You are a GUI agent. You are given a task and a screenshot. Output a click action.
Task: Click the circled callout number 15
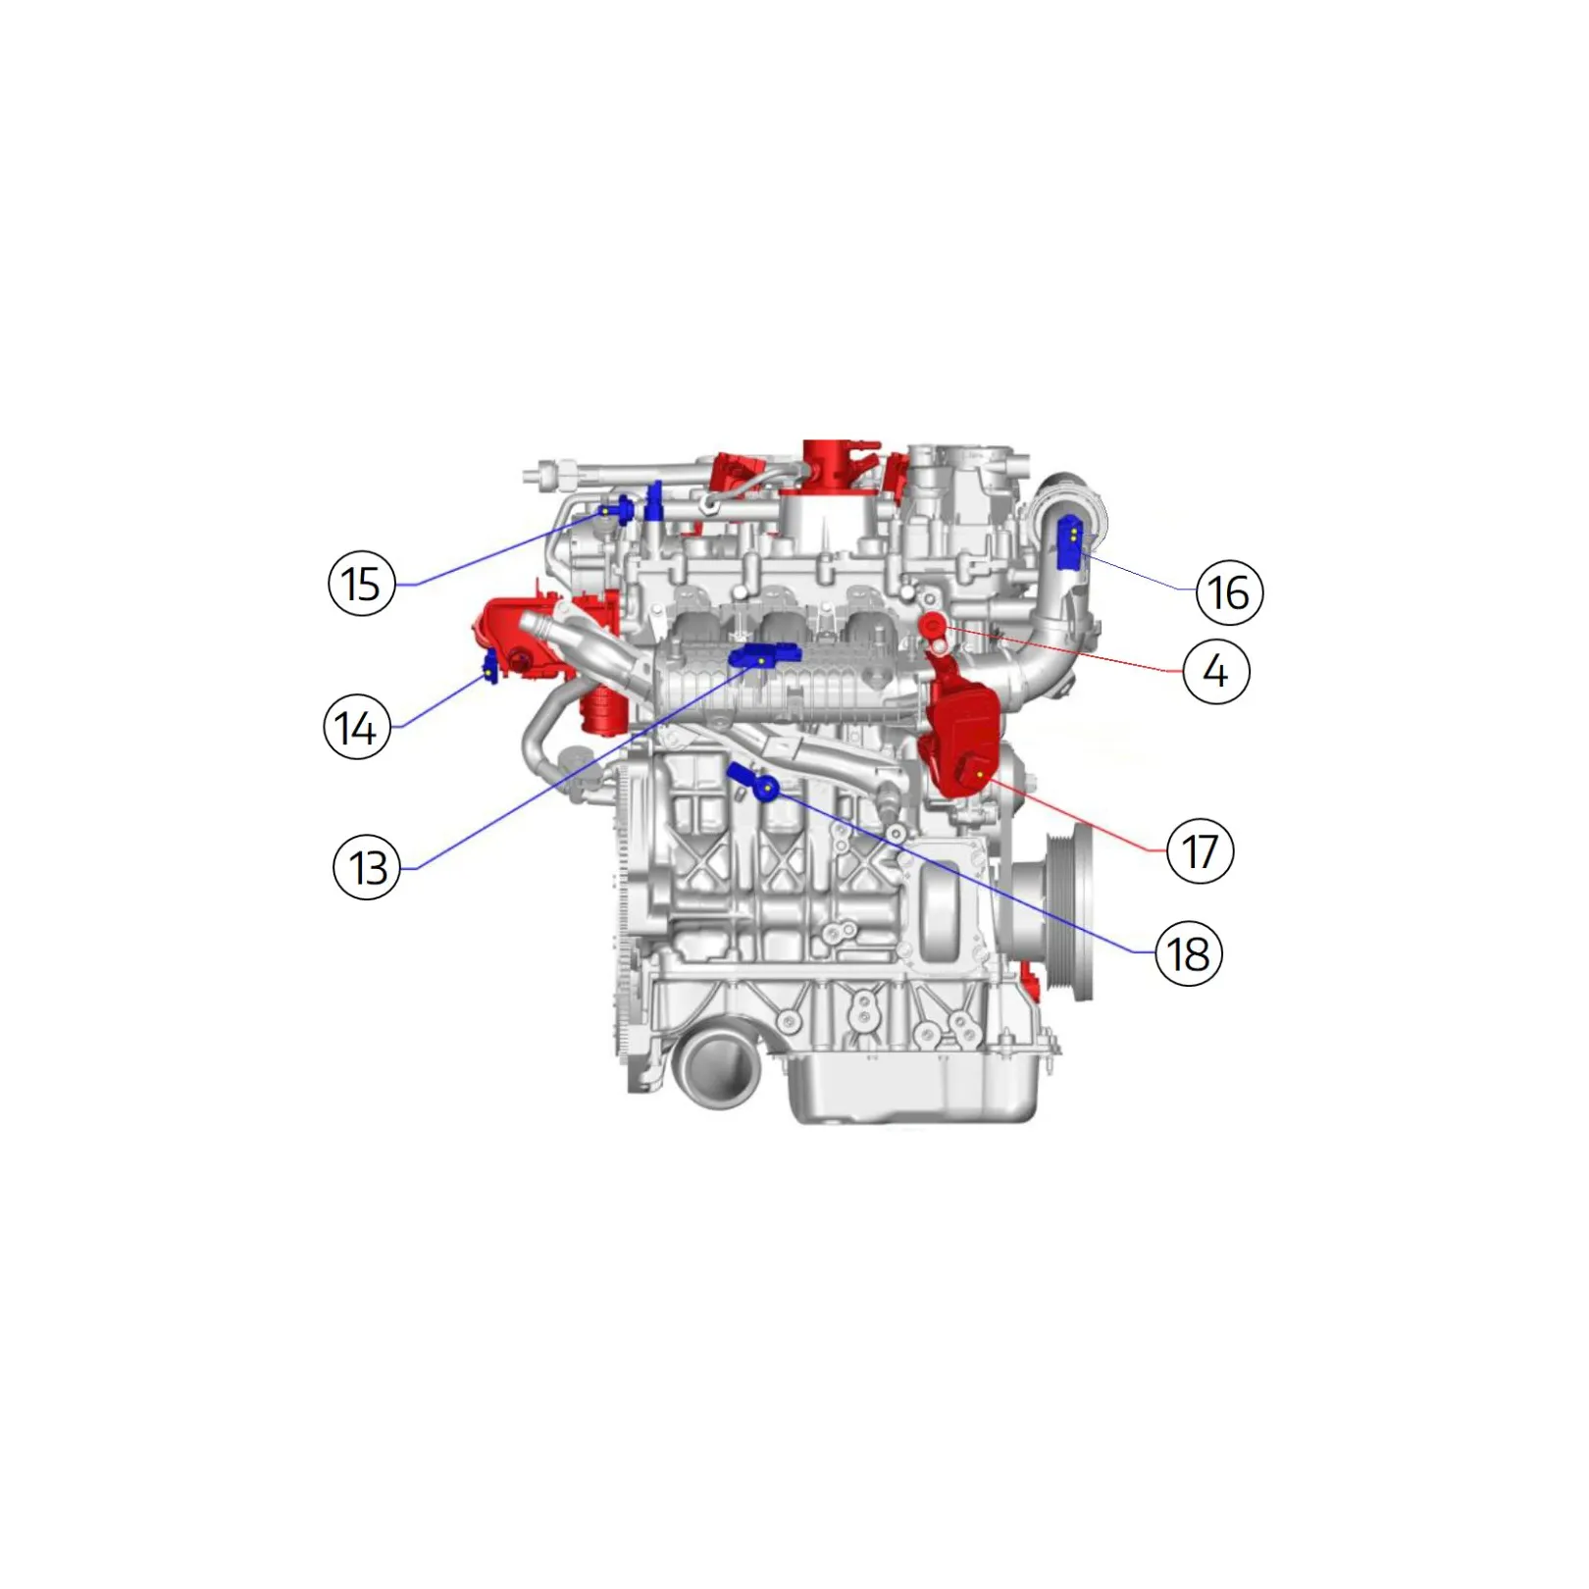tap(361, 583)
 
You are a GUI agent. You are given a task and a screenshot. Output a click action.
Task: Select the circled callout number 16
tap(1229, 591)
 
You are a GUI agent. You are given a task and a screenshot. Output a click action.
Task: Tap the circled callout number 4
tap(1216, 671)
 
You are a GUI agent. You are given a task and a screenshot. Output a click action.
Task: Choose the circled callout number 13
tap(368, 867)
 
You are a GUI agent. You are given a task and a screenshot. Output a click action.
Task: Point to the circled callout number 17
tap(1200, 850)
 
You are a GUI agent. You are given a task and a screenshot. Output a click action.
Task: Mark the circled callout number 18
tap(1189, 952)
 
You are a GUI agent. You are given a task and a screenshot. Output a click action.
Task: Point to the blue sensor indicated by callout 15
tap(617, 511)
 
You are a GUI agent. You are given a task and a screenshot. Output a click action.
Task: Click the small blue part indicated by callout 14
tap(489, 667)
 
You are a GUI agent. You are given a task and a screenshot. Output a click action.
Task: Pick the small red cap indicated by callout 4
tap(931, 623)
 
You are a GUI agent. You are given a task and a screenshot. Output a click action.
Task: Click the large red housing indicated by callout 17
tap(960, 726)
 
